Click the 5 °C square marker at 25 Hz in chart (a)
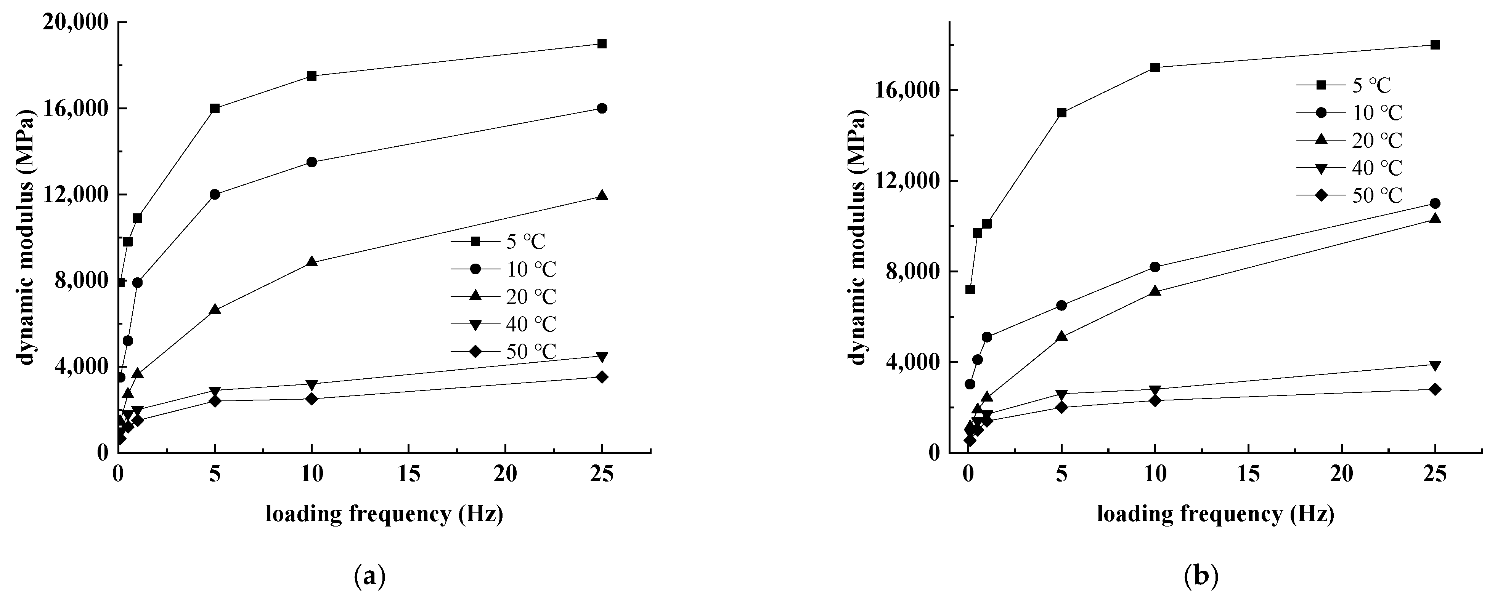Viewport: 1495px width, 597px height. [602, 43]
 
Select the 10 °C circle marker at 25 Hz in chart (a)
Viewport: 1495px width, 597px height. [602, 109]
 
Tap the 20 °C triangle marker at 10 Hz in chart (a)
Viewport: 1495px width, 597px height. [312, 262]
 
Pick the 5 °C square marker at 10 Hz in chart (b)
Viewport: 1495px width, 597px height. [1155, 67]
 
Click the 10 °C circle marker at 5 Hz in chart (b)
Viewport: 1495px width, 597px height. [1061, 305]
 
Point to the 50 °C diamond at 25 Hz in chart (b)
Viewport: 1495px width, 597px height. [1435, 389]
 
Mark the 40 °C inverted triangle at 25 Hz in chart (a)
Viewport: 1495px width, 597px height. [602, 356]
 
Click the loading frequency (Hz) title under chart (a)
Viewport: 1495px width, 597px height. [384, 514]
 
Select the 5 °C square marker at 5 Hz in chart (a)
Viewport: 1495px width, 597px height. [215, 109]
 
